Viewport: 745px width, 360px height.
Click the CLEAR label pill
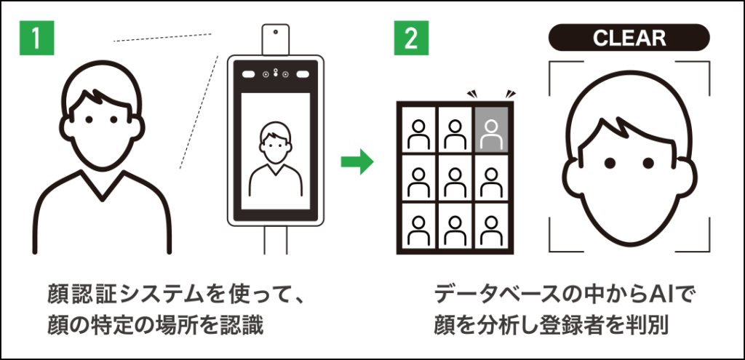click(x=629, y=38)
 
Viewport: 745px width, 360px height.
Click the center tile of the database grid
click(x=455, y=177)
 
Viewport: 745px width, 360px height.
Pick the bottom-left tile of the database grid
click(x=418, y=225)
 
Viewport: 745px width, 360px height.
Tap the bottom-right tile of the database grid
click(x=492, y=225)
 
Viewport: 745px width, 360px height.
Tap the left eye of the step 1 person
click(x=90, y=119)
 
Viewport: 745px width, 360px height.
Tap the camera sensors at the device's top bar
click(x=275, y=73)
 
